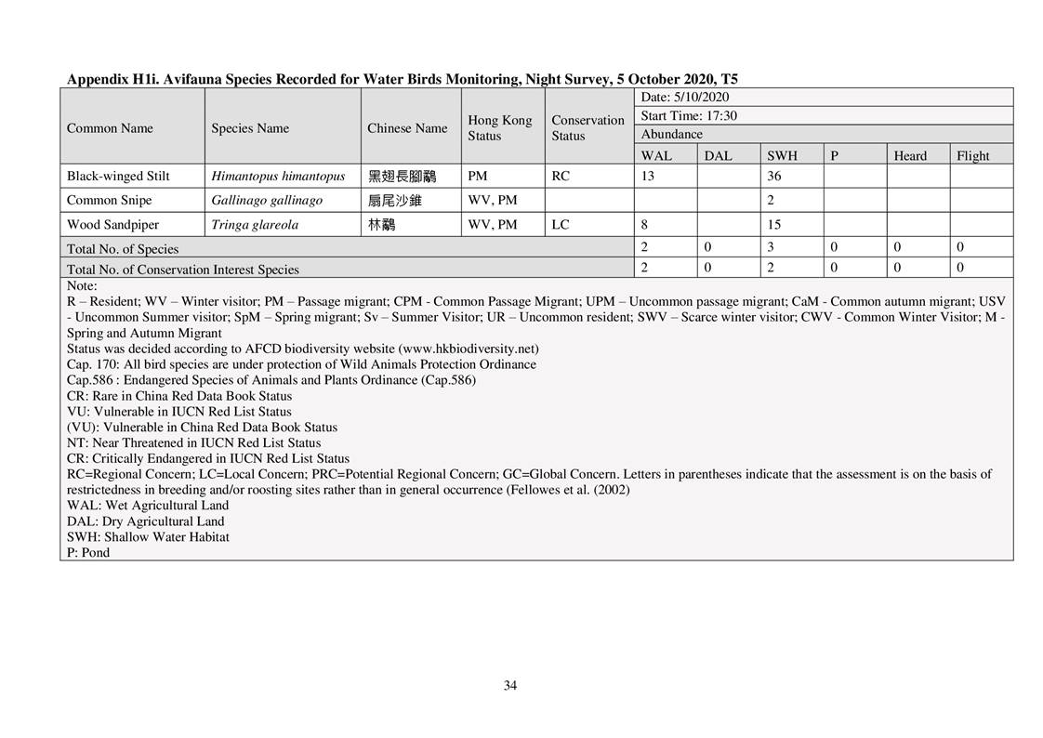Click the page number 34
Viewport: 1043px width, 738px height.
click(510, 686)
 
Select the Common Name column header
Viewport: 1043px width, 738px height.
click(110, 128)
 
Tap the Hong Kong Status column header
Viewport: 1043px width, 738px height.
click(499, 128)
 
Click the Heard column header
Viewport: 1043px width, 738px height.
click(909, 156)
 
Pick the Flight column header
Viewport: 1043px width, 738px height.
click(972, 156)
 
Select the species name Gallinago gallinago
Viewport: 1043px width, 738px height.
click(267, 200)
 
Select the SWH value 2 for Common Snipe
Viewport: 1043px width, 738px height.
click(771, 200)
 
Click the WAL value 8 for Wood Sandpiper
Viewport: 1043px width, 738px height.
click(645, 224)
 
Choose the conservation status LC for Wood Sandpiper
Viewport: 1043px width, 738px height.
click(560, 224)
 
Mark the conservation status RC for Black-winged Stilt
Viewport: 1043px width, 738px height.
click(560, 176)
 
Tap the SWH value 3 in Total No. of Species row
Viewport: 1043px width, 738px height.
click(771, 247)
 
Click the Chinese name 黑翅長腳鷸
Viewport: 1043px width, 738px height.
click(402, 176)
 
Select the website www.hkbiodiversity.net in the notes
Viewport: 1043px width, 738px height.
click(468, 349)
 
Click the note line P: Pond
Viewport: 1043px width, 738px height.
click(88, 552)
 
